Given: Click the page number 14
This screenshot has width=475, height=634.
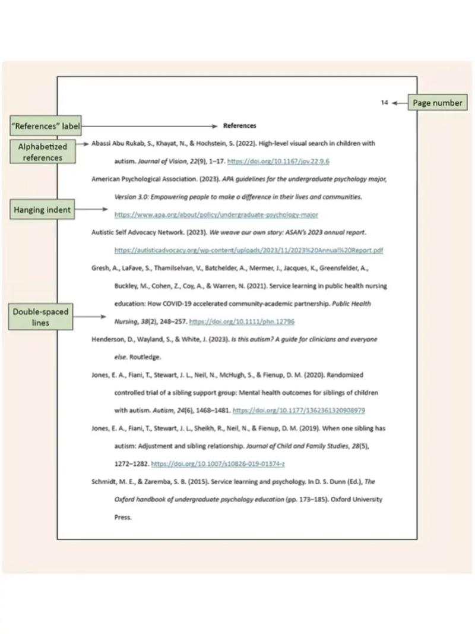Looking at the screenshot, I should click(x=384, y=103).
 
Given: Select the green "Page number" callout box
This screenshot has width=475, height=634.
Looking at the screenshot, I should click(x=437, y=103).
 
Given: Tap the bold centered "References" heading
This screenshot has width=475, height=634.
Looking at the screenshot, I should click(x=240, y=125).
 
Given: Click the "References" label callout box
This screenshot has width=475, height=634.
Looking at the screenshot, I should click(x=46, y=126).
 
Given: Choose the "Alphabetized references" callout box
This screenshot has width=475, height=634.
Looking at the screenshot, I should click(x=43, y=152).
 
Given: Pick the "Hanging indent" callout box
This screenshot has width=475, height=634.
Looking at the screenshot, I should click(x=42, y=209).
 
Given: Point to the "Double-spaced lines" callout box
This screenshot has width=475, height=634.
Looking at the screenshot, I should click(x=40, y=317).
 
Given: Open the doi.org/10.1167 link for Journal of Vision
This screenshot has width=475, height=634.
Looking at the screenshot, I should click(x=278, y=161).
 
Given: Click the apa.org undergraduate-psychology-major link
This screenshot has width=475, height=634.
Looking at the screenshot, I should click(x=216, y=215).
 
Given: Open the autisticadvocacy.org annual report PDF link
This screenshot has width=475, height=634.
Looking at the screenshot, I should click(x=249, y=250).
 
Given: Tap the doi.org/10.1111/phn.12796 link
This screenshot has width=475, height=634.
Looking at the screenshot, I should click(x=242, y=321).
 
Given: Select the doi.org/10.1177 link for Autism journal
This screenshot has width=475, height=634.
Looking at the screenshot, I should click(x=299, y=411).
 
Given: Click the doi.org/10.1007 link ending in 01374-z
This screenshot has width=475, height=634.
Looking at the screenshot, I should click(x=218, y=464).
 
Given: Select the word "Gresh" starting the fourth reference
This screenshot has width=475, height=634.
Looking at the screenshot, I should click(x=100, y=268).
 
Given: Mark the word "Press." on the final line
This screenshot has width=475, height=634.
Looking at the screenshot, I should click(x=122, y=518).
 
